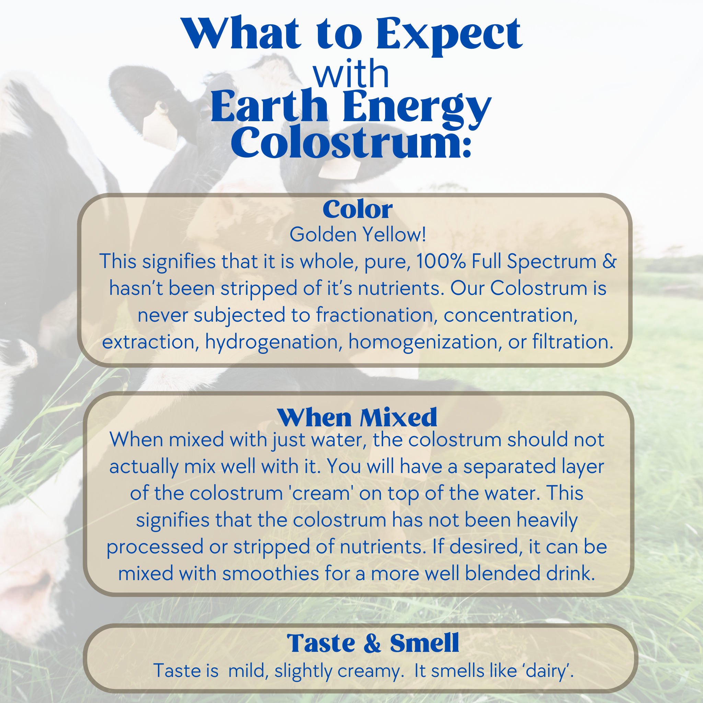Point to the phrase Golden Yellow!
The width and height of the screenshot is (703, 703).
point(358,234)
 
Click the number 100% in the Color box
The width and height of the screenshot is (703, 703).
point(441,261)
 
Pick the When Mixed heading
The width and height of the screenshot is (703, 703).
point(357,417)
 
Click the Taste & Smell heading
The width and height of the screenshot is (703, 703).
point(373,643)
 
